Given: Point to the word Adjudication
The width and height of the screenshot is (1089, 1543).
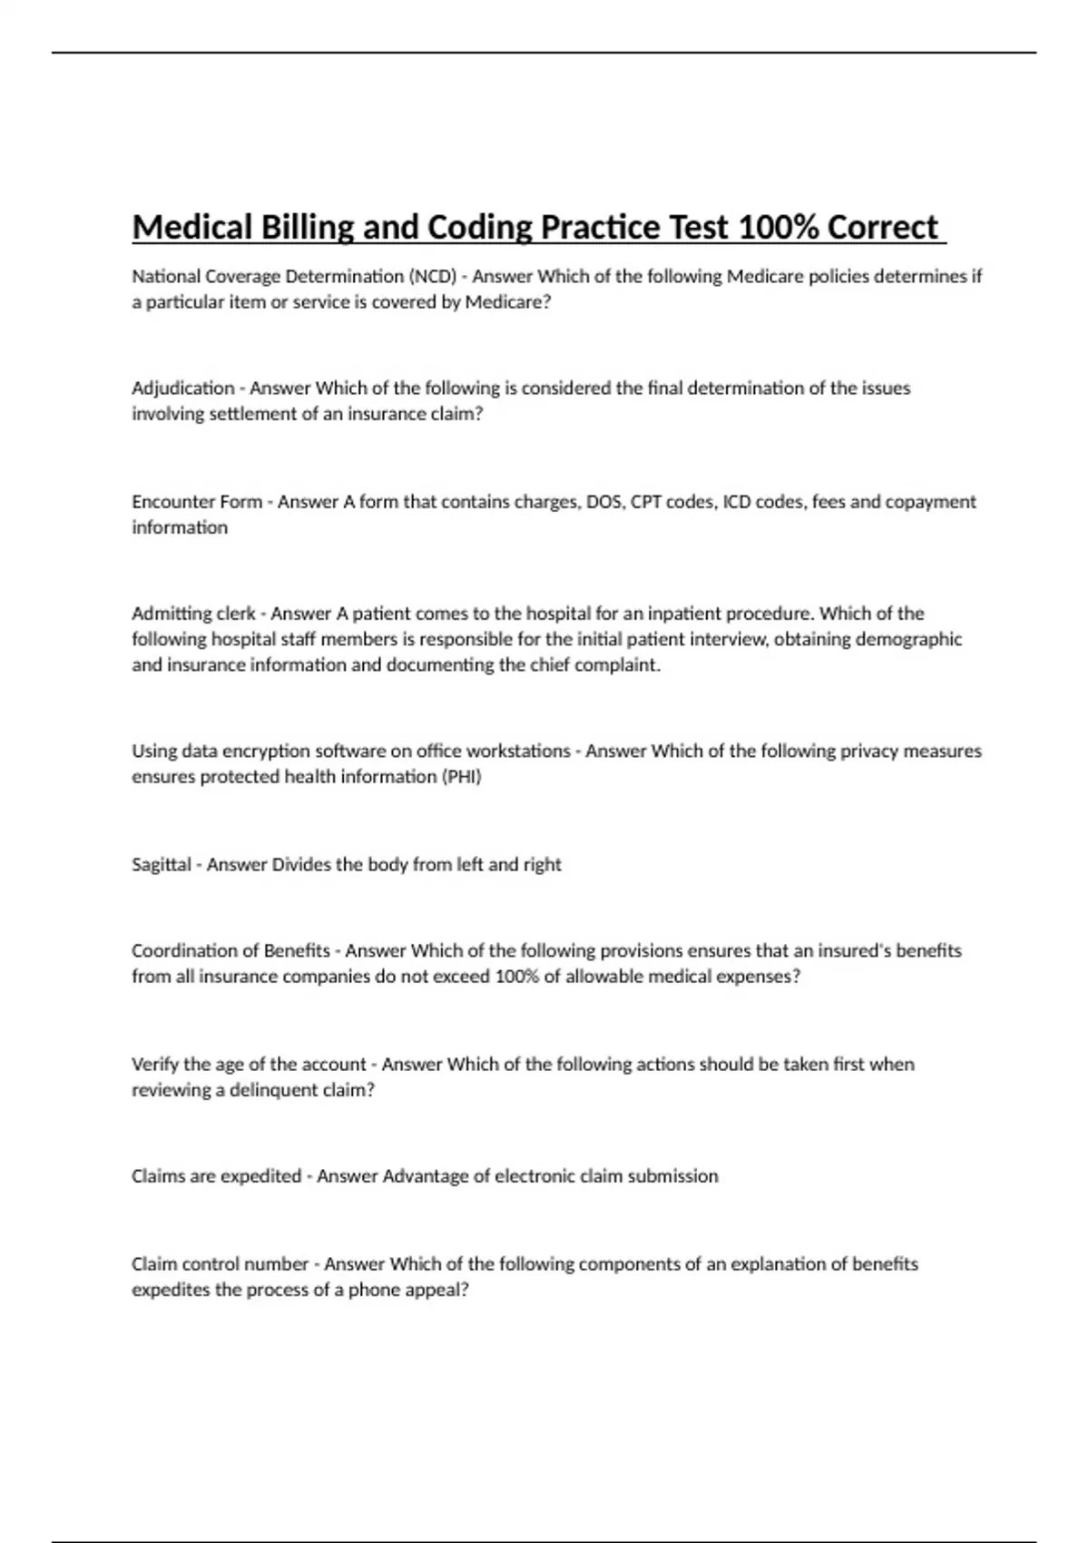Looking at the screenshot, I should (183, 388).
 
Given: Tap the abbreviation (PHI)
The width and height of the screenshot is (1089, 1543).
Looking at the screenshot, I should (461, 777).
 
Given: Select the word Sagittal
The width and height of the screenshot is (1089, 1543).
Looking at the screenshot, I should (162, 865).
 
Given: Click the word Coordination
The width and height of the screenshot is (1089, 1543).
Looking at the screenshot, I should (185, 951).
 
